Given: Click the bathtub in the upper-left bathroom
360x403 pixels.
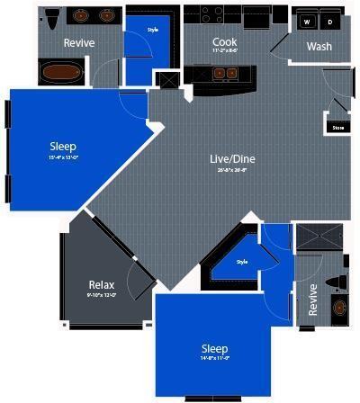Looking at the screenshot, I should point(61,72).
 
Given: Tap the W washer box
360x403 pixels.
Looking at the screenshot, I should point(308,22).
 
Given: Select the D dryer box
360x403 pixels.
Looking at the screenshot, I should point(329,22).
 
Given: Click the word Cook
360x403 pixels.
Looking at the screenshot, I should point(224,42).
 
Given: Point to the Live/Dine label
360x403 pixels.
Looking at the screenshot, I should point(232,159).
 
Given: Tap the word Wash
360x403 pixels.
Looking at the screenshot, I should point(319,47).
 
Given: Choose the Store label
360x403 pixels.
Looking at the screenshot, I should point(338,127).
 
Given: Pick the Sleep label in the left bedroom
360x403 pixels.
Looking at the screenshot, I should point(62,146).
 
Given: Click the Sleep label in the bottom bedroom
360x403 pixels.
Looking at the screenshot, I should point(214,347).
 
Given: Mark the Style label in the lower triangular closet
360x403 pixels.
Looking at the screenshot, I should point(241,262).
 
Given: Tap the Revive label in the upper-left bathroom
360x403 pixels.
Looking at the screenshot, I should point(79,43).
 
